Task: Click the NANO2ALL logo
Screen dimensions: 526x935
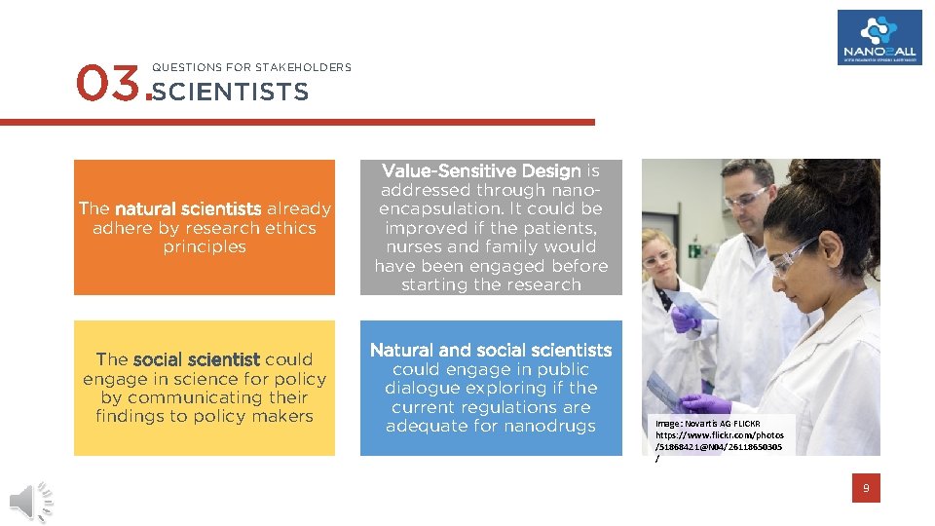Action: [879, 37]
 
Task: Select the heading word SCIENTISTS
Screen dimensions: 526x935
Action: [231, 93]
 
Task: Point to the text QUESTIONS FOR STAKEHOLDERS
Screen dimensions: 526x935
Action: [251, 67]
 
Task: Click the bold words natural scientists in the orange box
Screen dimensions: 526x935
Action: [187, 208]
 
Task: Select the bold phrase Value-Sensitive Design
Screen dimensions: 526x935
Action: [480, 170]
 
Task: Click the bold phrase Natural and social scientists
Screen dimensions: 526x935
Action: [491, 350]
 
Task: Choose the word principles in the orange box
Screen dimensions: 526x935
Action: [205, 246]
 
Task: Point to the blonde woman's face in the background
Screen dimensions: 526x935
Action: [660, 256]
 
